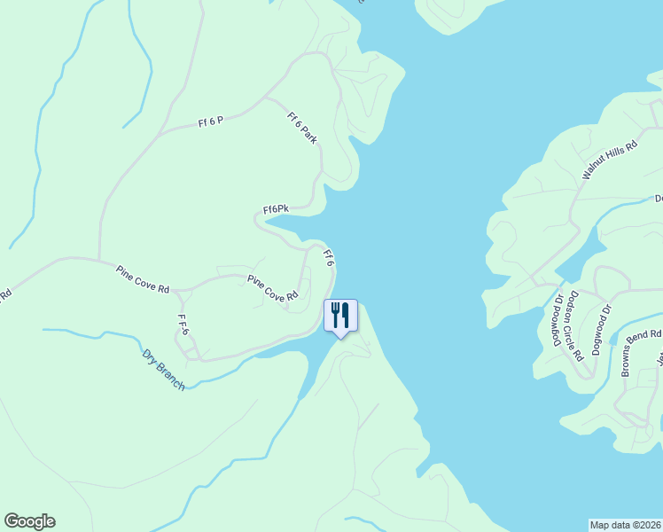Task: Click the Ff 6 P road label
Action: (x=211, y=121)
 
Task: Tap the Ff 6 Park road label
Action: (x=302, y=128)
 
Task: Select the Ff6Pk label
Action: (x=276, y=209)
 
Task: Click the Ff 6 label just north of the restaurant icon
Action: (x=328, y=258)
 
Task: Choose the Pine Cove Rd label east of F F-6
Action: (x=273, y=290)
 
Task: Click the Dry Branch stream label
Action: (x=164, y=369)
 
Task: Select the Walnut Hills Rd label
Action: (x=610, y=160)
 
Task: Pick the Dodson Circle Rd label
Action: (x=576, y=326)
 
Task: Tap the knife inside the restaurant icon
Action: (x=345, y=314)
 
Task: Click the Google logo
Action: (x=29, y=521)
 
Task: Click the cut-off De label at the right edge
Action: (x=658, y=199)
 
